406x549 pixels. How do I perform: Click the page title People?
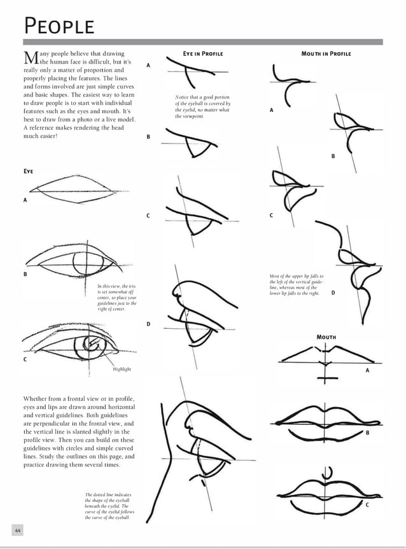(59, 26)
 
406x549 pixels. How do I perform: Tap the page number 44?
(18, 529)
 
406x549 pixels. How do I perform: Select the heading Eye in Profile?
(202, 53)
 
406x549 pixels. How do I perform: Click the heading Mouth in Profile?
(326, 53)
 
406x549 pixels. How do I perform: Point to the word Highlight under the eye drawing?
(122, 369)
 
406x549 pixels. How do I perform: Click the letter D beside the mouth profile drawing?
(333, 293)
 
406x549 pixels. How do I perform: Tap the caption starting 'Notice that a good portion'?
(202, 107)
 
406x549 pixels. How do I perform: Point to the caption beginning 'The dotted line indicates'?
(109, 506)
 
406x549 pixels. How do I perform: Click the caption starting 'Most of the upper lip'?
(296, 285)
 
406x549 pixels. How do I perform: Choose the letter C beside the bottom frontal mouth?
(367, 504)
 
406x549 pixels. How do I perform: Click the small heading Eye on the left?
(28, 171)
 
